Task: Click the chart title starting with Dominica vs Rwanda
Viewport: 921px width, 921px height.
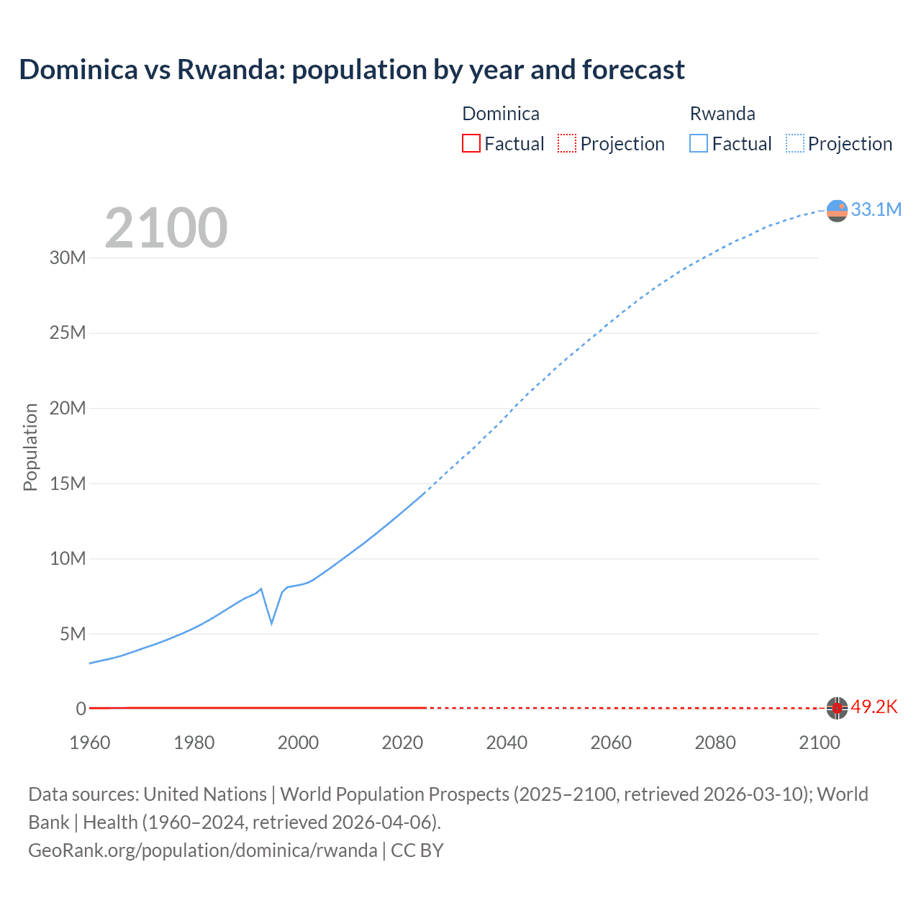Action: (352, 70)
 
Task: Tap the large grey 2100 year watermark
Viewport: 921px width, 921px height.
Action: (166, 228)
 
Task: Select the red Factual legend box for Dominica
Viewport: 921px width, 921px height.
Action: (471, 143)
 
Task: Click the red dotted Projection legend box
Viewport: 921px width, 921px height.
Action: (567, 143)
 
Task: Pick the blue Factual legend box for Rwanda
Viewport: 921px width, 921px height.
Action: (698, 143)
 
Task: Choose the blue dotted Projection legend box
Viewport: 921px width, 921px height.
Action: (794, 143)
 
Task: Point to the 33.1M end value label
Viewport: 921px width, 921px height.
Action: (876, 209)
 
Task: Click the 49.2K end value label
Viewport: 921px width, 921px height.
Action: (874, 707)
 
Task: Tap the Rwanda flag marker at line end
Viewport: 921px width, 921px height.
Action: (837, 210)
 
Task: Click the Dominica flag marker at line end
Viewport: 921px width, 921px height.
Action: (837, 708)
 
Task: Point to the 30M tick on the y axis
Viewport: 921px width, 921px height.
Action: (68, 258)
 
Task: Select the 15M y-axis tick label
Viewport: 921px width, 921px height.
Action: (68, 484)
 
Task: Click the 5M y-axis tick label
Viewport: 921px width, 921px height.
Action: (73, 634)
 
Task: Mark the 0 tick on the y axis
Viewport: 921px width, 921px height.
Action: (81, 709)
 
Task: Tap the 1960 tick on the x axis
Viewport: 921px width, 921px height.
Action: (90, 743)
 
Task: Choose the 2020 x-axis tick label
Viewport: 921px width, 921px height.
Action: (402, 743)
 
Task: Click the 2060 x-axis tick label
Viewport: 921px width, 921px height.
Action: (611, 743)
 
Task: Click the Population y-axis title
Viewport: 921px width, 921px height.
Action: (30, 447)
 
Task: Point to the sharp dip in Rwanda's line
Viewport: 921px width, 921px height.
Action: (271, 622)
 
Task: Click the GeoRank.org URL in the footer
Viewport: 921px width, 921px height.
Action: (202, 850)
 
